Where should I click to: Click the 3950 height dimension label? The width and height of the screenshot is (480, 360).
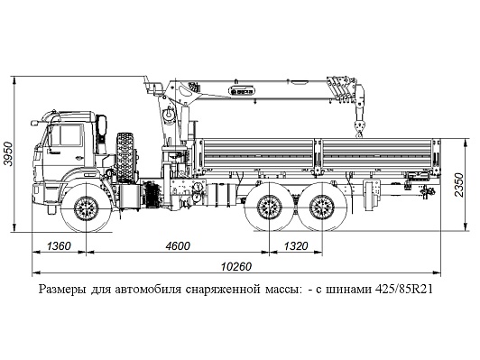click(8, 153)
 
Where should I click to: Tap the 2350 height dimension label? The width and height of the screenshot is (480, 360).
click(459, 185)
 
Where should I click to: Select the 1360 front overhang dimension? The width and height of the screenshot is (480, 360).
click(59, 245)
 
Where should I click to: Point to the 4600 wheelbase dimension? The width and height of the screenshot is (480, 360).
click(178, 245)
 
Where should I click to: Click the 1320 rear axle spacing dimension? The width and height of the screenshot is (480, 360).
click(296, 245)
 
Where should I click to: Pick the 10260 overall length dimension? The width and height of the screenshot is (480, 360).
click(236, 267)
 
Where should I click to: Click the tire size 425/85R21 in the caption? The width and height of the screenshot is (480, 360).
click(404, 289)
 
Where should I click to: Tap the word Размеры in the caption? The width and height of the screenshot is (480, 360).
click(62, 290)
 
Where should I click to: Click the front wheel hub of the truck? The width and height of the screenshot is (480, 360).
click(87, 208)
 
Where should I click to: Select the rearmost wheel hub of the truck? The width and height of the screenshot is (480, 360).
click(322, 208)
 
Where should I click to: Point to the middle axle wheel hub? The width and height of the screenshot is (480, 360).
click(270, 208)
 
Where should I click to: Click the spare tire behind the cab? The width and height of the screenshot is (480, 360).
click(125, 158)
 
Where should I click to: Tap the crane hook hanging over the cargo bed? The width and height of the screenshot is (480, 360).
click(358, 128)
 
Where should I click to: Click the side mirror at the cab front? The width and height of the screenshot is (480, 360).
click(33, 123)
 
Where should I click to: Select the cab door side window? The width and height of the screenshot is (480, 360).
click(71, 135)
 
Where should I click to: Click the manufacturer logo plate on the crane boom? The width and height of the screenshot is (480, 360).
click(242, 91)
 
